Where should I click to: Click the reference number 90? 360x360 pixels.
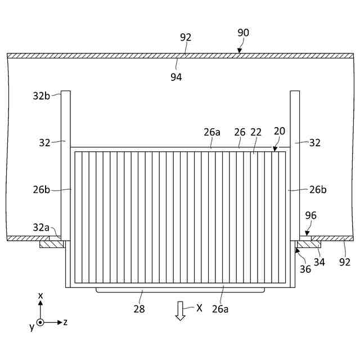243,33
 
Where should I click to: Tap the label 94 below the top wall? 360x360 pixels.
177,77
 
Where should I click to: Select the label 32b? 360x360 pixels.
41,96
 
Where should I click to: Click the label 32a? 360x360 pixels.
40,227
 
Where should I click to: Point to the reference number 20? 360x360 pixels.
280,130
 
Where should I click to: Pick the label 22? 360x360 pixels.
256,132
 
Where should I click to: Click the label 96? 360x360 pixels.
310,215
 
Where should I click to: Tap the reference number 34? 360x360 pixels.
319,262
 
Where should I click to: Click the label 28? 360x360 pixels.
139,309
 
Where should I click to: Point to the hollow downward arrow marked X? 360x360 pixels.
180,310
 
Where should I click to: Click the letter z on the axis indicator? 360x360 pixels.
66,322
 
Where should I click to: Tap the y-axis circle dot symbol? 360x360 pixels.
40,322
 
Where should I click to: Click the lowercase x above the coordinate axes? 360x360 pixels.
40,295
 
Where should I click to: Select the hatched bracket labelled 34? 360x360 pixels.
308,244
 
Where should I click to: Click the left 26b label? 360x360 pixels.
42,190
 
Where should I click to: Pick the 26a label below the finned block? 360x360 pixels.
220,308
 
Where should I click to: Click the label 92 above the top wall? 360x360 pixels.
186,37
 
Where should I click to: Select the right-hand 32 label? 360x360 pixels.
315,143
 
